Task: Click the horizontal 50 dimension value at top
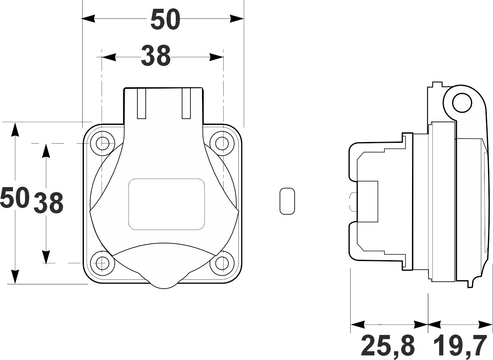click(x=165, y=20)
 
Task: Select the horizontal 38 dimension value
click(x=156, y=56)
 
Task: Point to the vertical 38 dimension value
click(x=48, y=203)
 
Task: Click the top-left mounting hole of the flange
click(x=102, y=143)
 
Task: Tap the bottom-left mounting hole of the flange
click(x=102, y=263)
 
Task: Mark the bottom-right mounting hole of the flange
click(x=222, y=263)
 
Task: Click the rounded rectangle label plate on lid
click(x=167, y=204)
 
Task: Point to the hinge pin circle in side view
click(x=462, y=103)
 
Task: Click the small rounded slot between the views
click(x=287, y=201)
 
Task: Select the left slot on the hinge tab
click(x=142, y=103)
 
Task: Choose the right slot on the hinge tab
click(x=186, y=103)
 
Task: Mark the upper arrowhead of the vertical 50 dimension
click(x=15, y=129)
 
